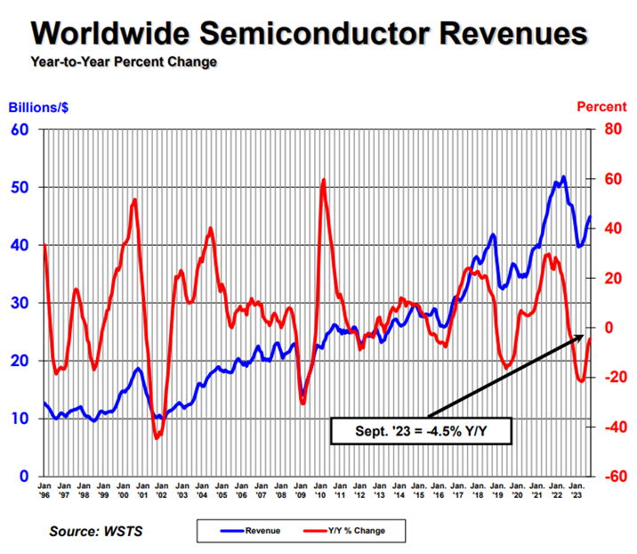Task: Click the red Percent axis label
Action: point(601,107)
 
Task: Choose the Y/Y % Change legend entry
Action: point(356,531)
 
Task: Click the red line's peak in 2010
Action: point(323,180)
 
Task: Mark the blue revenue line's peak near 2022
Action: point(563,177)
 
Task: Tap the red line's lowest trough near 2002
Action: point(157,437)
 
